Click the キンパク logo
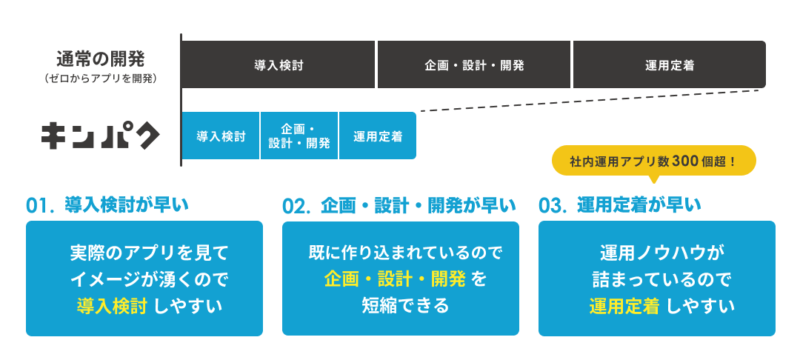100,135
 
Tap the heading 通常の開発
101,58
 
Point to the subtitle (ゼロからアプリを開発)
101,76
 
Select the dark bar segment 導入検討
279,64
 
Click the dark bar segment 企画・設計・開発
474,64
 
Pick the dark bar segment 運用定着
669,64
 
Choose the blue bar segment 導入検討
221,136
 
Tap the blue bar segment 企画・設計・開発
299,136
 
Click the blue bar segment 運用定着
378,136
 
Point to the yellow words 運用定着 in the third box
624,304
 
